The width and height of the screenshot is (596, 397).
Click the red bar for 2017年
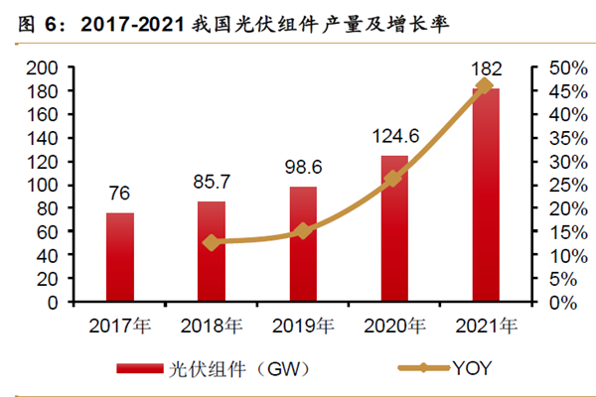(x=120, y=257)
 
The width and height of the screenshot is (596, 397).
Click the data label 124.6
(x=394, y=132)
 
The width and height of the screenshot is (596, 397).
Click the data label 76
(x=120, y=194)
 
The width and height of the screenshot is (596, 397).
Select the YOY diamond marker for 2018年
(x=212, y=242)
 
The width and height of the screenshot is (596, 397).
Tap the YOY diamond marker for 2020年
(x=393, y=178)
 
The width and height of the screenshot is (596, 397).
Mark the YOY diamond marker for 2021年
(x=485, y=86)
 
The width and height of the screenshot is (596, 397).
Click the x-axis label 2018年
(x=213, y=325)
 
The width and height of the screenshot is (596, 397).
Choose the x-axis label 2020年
(x=394, y=325)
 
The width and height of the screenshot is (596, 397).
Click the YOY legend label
(x=472, y=368)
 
